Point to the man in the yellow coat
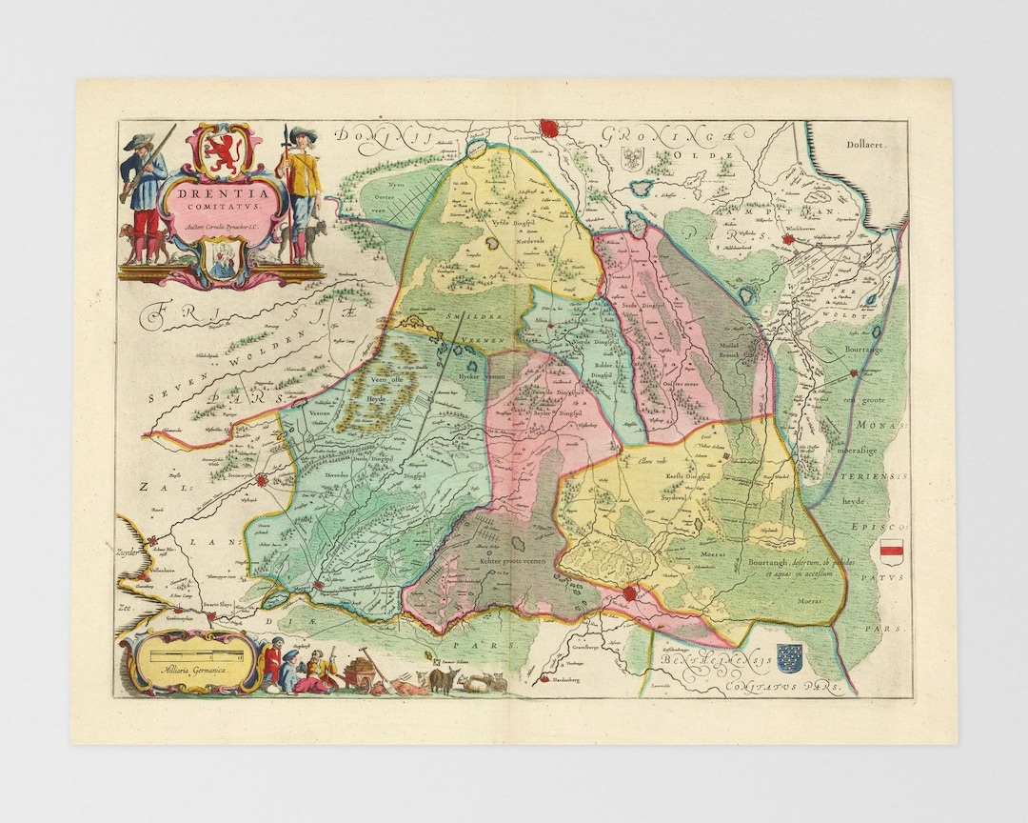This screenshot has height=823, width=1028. [303, 191]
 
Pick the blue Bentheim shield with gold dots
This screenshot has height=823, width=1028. [789, 657]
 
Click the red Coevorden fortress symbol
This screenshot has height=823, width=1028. [629, 595]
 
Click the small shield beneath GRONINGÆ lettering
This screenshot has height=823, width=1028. [633, 158]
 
